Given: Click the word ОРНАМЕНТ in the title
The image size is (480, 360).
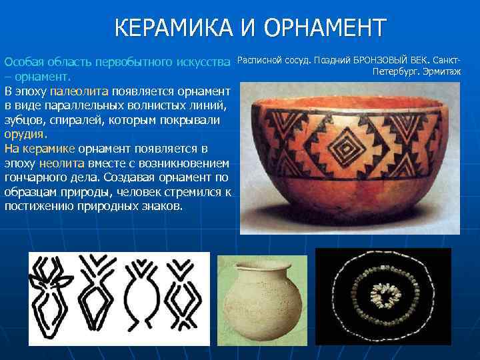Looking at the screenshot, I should click(x=325, y=29).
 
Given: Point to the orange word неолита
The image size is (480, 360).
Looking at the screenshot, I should click(x=62, y=163).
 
